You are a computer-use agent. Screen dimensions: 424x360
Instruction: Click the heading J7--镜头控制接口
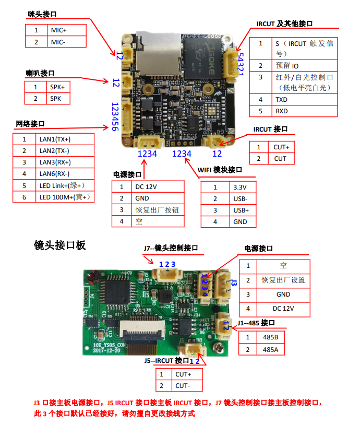pos(170,249)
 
